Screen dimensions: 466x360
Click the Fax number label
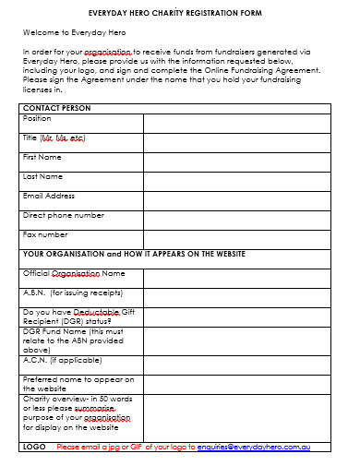tap(45, 234)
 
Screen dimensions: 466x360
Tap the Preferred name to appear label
tap(78, 378)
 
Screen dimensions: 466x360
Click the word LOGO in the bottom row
tap(34, 447)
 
